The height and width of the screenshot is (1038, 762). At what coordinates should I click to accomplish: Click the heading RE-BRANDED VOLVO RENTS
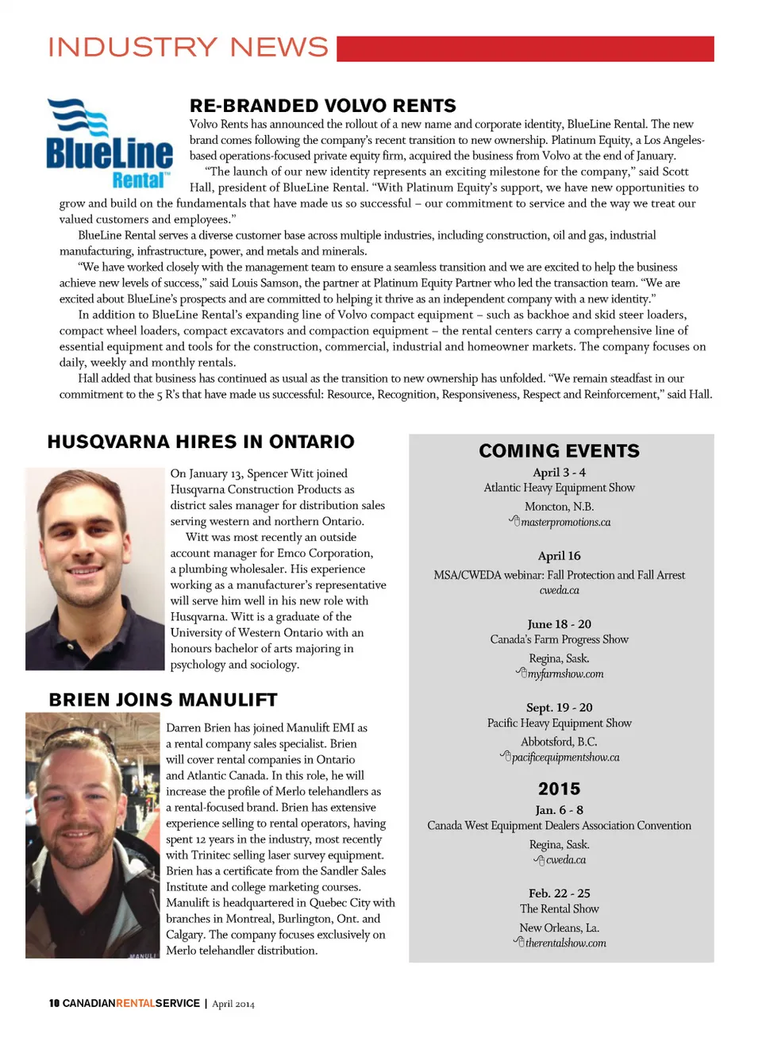pos(322,106)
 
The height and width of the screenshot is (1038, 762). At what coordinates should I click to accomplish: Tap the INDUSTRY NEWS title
pos(188,48)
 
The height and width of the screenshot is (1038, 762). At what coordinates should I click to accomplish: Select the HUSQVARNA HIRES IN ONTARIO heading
pos(201,442)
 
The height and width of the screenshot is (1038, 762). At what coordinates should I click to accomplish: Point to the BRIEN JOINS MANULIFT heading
pos(163,700)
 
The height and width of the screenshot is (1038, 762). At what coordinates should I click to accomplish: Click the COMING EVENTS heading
pos(559,451)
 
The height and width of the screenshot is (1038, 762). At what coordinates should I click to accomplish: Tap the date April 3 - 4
pos(559,473)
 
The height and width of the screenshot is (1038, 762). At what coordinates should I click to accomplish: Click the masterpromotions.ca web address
pos(565,523)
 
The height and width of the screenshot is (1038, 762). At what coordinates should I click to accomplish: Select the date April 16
pos(559,556)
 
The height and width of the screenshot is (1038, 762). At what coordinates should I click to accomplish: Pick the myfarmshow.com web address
pos(565,674)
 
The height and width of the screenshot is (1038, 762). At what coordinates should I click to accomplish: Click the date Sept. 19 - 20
pos(559,708)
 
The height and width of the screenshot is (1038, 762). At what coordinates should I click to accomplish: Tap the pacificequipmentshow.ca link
pos(565,758)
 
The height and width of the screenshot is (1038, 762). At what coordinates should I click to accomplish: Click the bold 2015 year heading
pos(559,789)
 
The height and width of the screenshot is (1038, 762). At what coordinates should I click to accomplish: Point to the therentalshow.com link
pos(565,943)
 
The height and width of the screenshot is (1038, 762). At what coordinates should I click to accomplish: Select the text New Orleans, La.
pos(559,928)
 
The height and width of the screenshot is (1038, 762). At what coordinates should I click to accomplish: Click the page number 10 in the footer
pos(54,1004)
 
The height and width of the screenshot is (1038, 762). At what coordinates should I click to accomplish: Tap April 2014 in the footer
pos(233,1004)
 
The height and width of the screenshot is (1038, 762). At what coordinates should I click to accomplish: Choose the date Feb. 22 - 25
pos(559,893)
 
